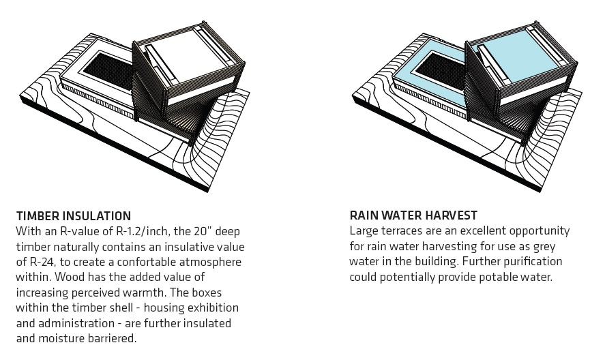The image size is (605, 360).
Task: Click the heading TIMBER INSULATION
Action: [74, 215]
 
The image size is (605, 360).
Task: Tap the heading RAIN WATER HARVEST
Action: [413, 215]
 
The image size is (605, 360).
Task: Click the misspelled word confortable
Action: [143, 262]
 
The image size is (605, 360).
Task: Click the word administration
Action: [76, 323]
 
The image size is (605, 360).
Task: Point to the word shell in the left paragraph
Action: [124, 307]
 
